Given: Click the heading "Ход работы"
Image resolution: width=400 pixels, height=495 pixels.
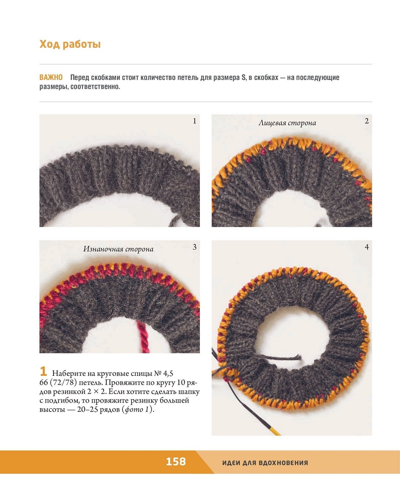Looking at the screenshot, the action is (70, 44).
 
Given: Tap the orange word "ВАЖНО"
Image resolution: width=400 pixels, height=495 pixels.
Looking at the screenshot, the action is (51, 77).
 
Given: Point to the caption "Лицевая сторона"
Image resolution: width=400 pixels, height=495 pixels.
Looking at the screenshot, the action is (287, 123).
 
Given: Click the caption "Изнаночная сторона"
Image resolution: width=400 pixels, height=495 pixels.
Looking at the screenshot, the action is (118, 249).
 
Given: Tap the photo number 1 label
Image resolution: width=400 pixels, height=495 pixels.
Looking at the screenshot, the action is (194, 121).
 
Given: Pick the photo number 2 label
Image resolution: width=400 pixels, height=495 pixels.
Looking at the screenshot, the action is (367, 121).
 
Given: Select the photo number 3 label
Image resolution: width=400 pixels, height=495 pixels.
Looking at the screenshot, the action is (194, 247).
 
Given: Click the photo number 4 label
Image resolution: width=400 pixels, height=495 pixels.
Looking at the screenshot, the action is (367, 247).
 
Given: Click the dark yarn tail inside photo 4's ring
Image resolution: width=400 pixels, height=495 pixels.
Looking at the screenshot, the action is (279, 358).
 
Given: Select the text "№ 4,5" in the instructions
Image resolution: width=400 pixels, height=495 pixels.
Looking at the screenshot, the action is (164, 374).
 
